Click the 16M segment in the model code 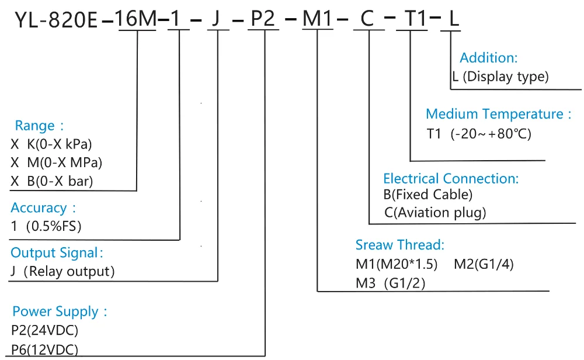click(138, 20)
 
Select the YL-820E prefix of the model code click(56, 20)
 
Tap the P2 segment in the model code click(263, 20)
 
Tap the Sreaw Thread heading click(400, 244)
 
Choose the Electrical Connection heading click(450, 178)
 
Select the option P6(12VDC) click(45, 349)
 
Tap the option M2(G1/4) click(484, 264)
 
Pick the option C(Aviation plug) click(434, 213)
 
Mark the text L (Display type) click(500, 77)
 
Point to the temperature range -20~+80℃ click(491, 134)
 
